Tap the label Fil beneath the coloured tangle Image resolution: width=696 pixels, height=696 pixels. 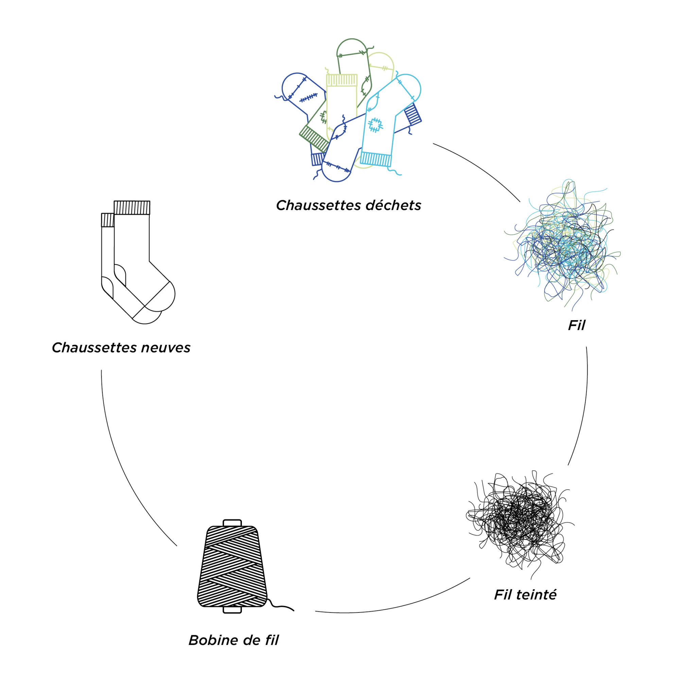576,325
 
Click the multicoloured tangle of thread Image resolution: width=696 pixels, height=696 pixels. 562,245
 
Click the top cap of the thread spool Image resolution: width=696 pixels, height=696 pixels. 232,523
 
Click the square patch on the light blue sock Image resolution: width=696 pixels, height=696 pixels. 376,125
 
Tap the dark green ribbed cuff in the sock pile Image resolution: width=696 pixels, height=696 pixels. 314,138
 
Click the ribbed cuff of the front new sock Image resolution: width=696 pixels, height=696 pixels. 132,208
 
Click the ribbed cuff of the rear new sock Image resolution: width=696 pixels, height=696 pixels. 107,220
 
